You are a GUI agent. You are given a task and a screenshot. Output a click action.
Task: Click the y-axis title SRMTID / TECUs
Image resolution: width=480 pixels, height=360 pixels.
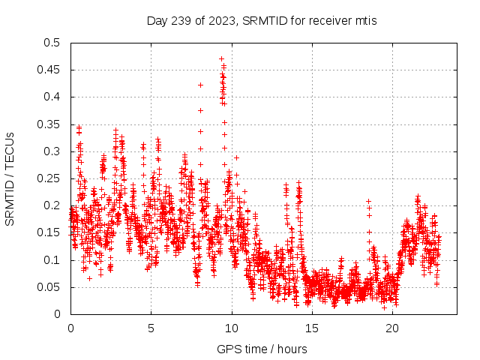click(10, 178)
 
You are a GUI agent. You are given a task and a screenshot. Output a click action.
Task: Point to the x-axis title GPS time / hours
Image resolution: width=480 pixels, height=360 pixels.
click(262, 349)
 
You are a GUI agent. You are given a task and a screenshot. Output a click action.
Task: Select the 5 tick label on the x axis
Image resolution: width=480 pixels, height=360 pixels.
click(151, 328)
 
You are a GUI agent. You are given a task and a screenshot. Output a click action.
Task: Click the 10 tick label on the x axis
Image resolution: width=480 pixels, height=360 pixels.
click(232, 328)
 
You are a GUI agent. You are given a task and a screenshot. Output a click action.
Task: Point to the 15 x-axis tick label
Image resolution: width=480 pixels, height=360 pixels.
click(312, 328)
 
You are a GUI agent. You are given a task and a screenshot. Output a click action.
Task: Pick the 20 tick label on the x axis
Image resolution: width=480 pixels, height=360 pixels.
click(392, 328)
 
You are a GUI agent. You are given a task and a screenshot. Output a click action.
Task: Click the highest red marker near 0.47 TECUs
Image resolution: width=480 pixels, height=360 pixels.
click(221, 58)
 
